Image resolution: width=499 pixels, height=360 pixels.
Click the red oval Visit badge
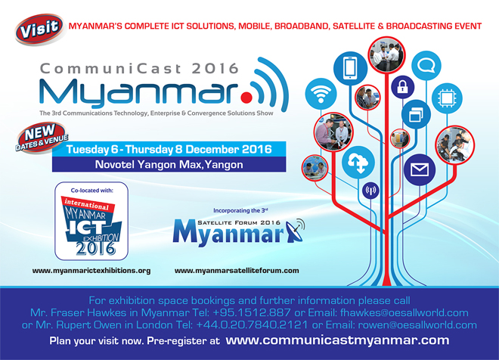[40, 29]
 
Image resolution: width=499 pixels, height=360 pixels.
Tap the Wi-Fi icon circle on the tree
[321, 94]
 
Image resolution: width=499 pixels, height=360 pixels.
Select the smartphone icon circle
[350, 68]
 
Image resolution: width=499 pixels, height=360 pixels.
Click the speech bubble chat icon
[426, 66]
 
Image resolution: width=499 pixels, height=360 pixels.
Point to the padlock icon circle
[402, 86]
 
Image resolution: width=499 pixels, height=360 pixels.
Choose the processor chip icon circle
[447, 98]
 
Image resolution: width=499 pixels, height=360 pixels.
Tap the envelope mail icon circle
[420, 169]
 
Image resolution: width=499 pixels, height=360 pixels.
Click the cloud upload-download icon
[358, 163]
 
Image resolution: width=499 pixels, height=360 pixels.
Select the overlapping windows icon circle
[416, 114]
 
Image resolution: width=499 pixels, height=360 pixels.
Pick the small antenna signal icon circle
[370, 191]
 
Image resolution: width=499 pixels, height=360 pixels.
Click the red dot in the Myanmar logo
[246, 97]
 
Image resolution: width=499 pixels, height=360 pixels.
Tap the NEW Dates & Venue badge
[42, 138]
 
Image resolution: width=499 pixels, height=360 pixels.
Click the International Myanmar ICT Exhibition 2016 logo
[91, 222]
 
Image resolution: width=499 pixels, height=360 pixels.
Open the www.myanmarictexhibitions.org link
[91, 271]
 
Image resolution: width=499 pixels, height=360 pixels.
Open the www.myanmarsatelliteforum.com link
[237, 271]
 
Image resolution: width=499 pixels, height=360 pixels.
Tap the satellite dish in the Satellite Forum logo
[295, 231]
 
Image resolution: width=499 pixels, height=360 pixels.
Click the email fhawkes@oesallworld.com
[404, 312]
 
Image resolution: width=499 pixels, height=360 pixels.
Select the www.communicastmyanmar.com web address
[337, 340]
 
